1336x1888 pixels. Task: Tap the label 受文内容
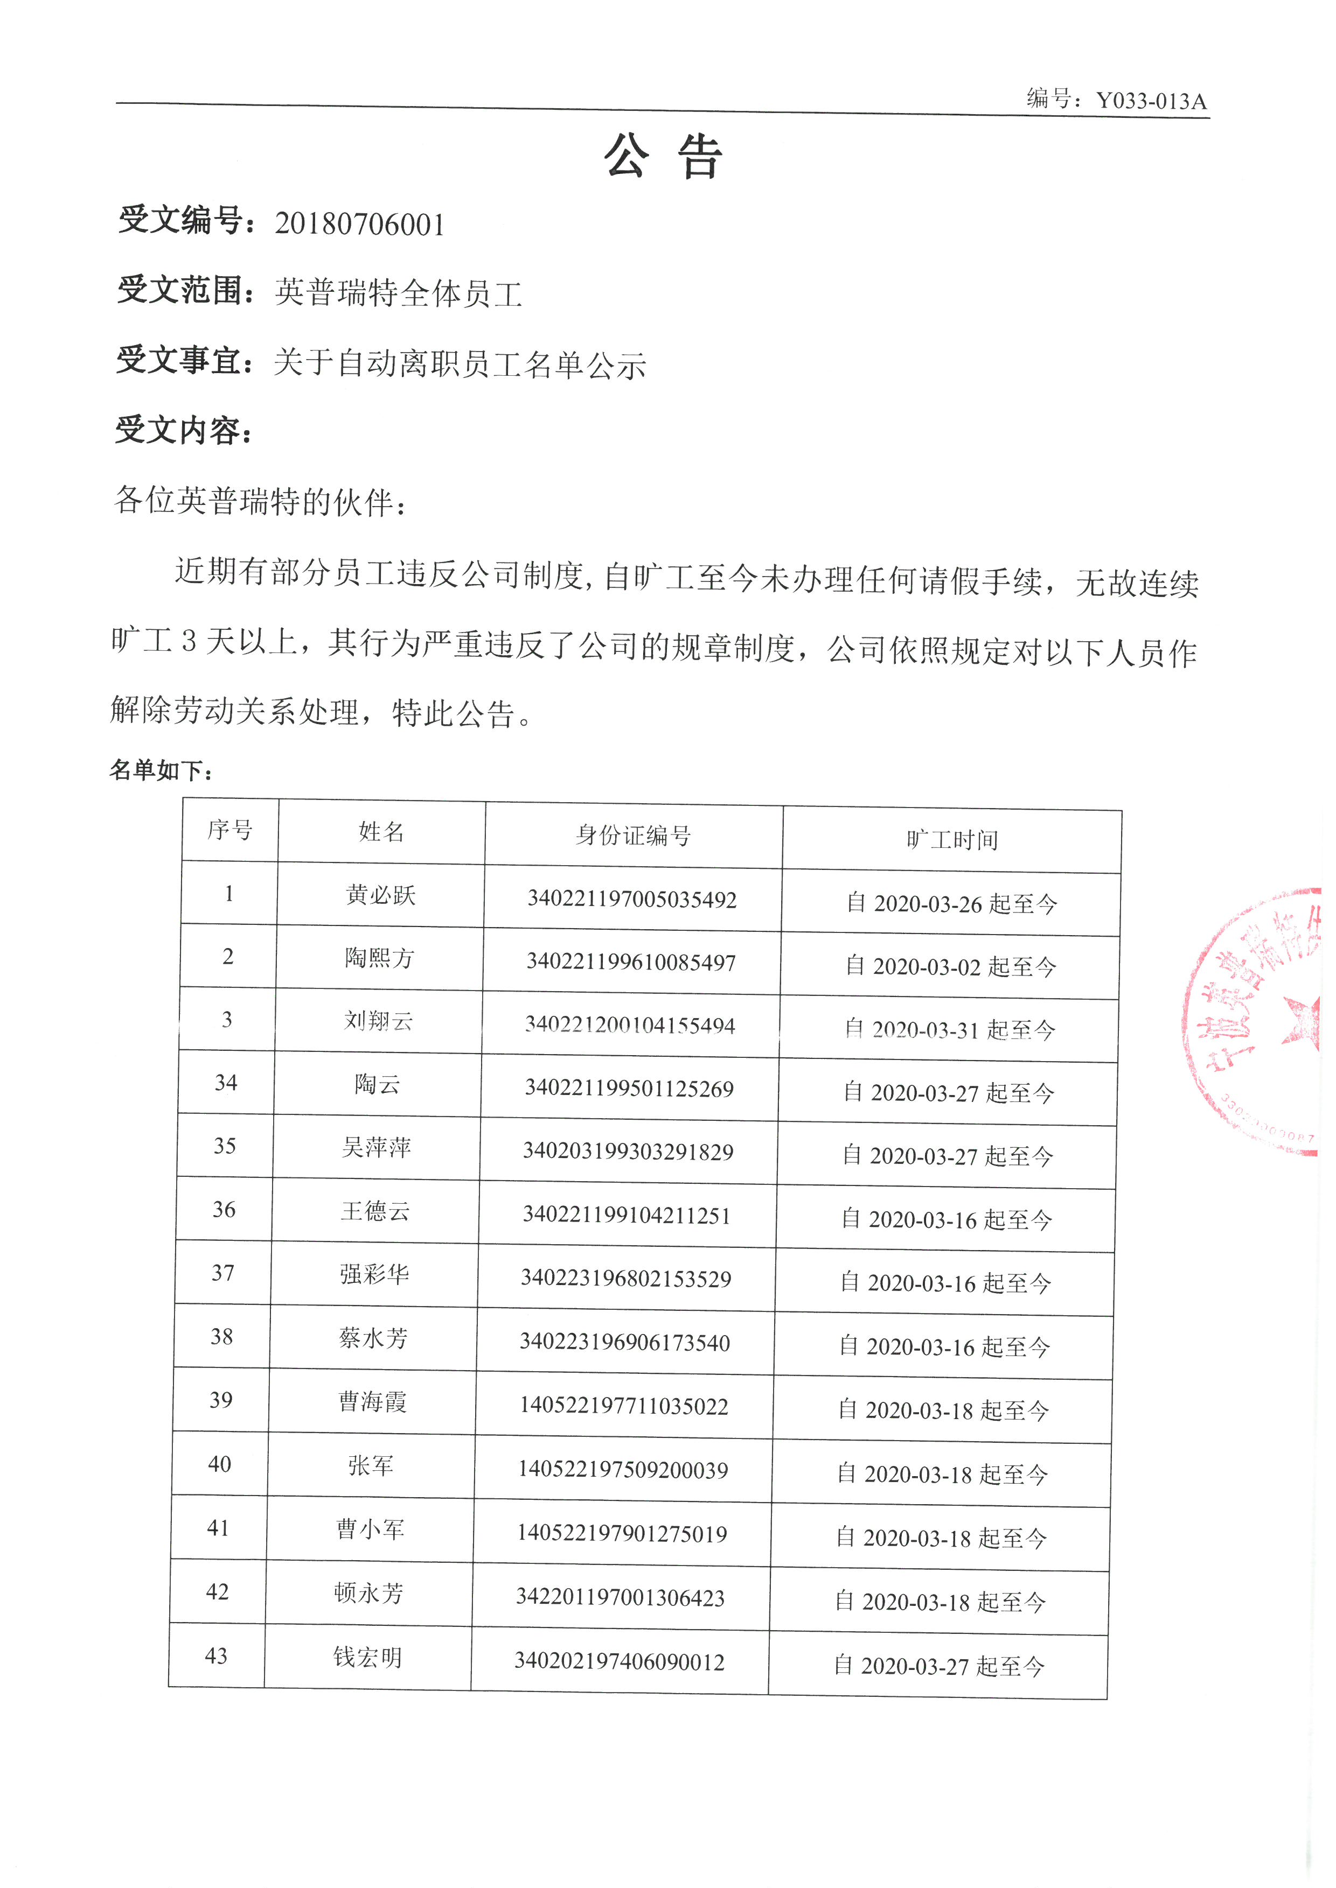pos(183,430)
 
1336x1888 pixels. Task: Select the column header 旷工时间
pos(952,840)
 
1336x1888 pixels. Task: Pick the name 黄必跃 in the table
pos(380,895)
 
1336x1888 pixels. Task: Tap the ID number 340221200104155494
pos(630,1024)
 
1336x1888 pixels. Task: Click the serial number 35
pos(225,1146)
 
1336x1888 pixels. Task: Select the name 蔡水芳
pos(373,1338)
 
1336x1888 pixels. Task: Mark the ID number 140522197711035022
pos(624,1405)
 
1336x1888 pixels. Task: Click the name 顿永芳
pos(368,1593)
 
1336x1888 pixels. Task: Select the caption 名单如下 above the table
pos(161,770)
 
